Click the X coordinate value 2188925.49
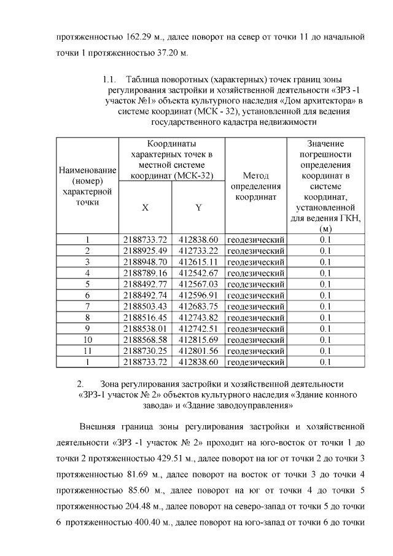pyautogui.click(x=145, y=251)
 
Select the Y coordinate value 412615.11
pyautogui.click(x=198, y=262)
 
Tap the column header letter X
pyautogui.click(x=145, y=208)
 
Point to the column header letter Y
pyautogui.click(x=198, y=208)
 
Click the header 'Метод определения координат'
pyautogui.click(x=256, y=186)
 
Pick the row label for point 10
pyautogui.click(x=87, y=340)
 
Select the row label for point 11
pyautogui.click(x=87, y=351)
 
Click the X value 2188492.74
pyautogui.click(x=145, y=295)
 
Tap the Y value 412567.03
pyautogui.click(x=198, y=284)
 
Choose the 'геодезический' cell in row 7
pyautogui.click(x=256, y=306)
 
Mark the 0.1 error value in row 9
pyautogui.click(x=325, y=329)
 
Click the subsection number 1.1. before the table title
pyautogui.click(x=108, y=80)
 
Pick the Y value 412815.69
pyautogui.click(x=198, y=340)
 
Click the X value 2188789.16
pyautogui.click(x=145, y=273)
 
